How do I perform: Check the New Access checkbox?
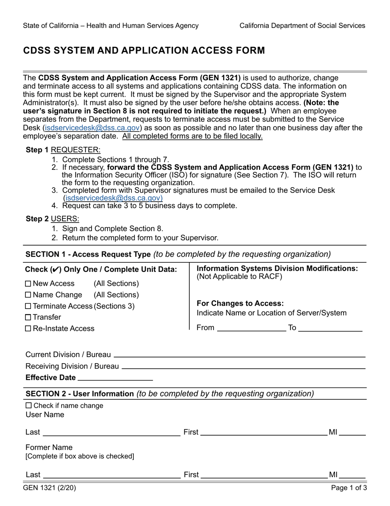pyautogui.click(x=28, y=284)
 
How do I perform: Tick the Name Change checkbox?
pyautogui.click(x=28, y=295)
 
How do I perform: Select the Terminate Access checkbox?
pyautogui.click(x=28, y=306)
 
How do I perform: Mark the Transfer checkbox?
pyautogui.click(x=28, y=317)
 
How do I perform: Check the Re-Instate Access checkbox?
pyautogui.click(x=28, y=328)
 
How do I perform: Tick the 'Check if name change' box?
pyautogui.click(x=28, y=406)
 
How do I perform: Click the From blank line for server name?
pyautogui.click(x=251, y=328)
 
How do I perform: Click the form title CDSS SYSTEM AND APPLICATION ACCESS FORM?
pyautogui.click(x=144, y=51)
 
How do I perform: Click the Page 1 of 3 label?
pyautogui.click(x=349, y=488)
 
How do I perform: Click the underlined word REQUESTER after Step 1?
pyautogui.click(x=75, y=150)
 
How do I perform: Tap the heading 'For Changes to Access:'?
pyautogui.click(x=240, y=304)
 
